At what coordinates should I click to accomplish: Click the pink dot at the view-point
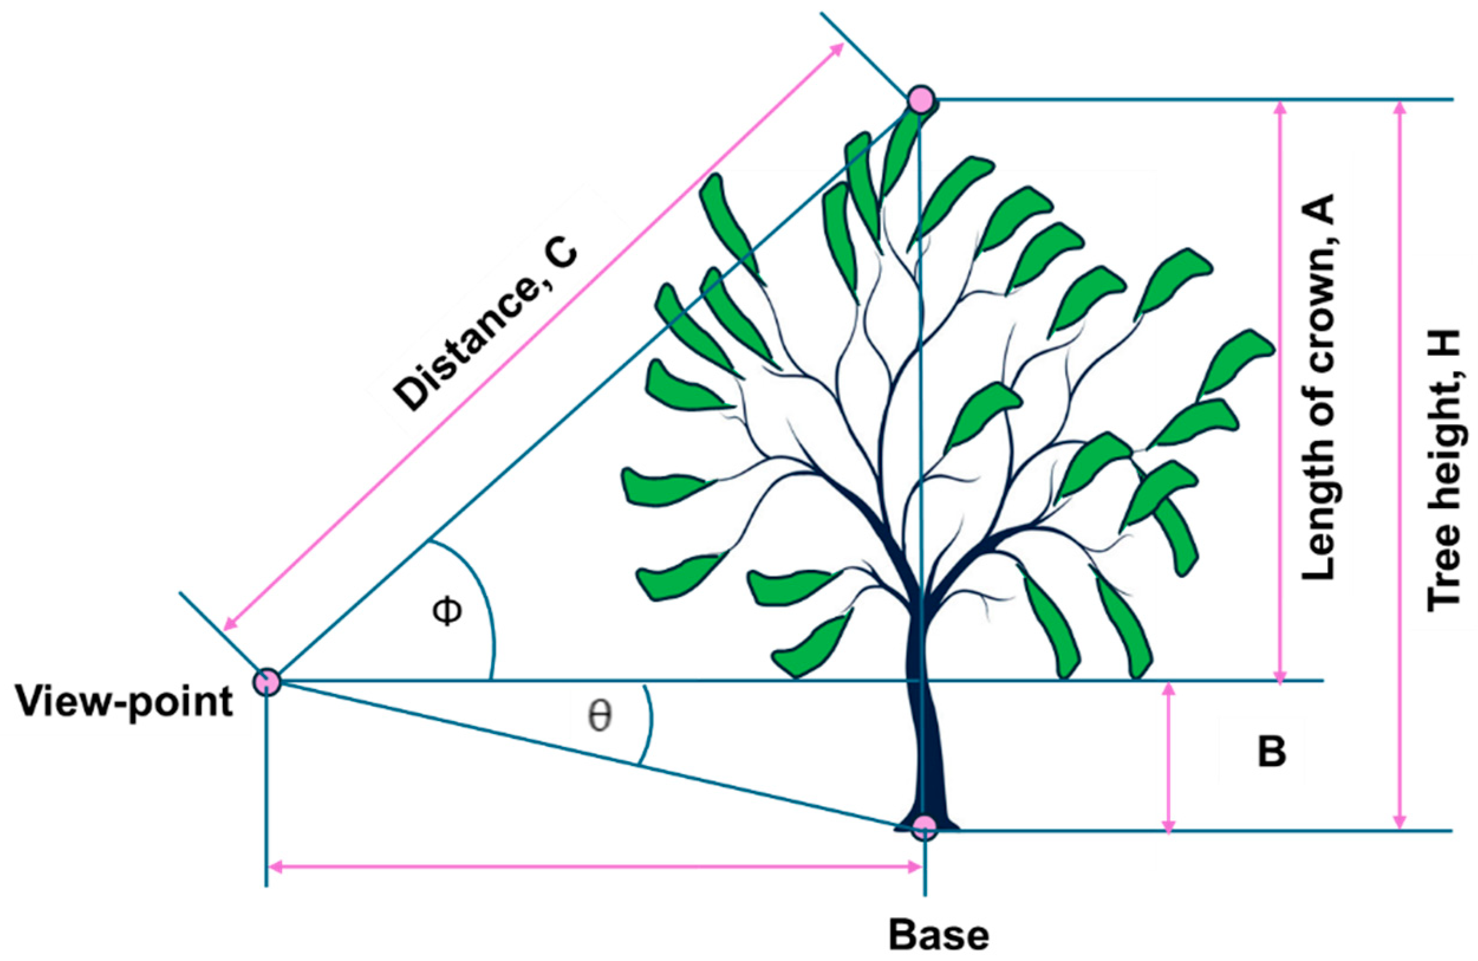267,681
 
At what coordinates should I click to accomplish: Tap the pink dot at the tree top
921,99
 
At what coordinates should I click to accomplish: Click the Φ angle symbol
447,611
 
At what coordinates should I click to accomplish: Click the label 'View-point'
124,703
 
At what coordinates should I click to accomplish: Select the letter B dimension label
1272,752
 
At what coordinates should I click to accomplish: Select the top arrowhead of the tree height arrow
1399,108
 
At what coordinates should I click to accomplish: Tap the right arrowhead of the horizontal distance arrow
916,867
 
